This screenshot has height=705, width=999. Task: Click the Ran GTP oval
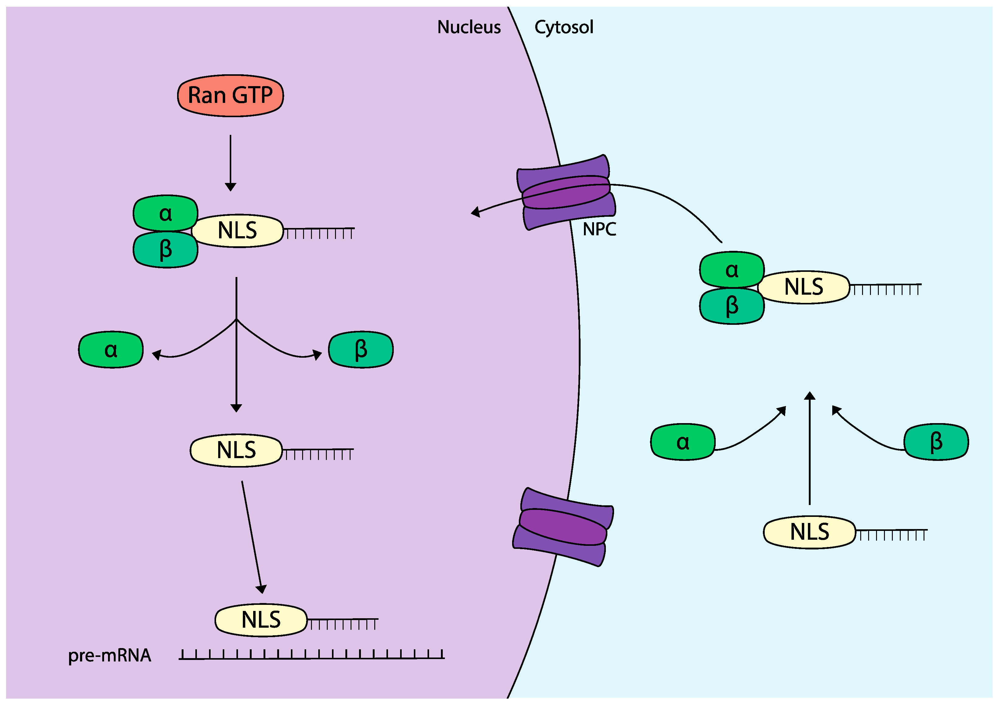pos(230,95)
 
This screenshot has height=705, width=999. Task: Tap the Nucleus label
pos(469,27)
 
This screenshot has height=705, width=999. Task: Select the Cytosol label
pos(564,27)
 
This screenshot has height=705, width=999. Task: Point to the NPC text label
pos(599,229)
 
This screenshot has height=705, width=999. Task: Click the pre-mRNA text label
pos(110,655)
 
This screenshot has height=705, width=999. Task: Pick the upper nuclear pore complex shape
pos(566,192)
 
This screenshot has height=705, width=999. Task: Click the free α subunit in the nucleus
pos(111,350)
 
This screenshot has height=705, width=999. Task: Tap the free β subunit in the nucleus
pos(361,350)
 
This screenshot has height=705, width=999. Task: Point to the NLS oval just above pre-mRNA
pos(261,620)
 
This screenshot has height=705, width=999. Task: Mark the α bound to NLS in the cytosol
pos(732,270)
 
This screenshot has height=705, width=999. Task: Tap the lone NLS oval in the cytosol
pos(809,532)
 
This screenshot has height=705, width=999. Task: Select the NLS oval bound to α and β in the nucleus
pos(237,231)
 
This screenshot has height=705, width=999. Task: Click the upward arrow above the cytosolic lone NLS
pos(809,448)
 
